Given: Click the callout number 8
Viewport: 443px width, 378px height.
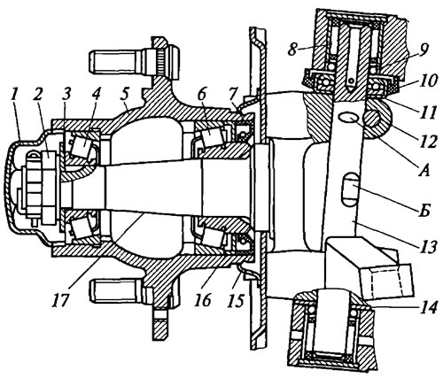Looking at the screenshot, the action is (293, 49).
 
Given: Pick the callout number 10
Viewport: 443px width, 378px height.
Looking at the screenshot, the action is (426, 80).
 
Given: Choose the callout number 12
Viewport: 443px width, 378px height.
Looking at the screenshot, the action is (427, 142).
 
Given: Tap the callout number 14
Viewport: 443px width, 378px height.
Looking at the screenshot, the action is (427, 308).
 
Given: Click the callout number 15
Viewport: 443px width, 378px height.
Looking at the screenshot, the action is (237, 300).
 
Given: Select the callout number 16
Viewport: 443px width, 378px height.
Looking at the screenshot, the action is (203, 300).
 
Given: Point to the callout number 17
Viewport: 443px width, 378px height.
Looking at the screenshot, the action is (61, 300).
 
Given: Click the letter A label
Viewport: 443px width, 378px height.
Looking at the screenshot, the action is (424, 170).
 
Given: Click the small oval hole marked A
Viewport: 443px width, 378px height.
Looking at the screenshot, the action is (347, 119).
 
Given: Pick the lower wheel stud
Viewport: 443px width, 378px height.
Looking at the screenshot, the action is (118, 291).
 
